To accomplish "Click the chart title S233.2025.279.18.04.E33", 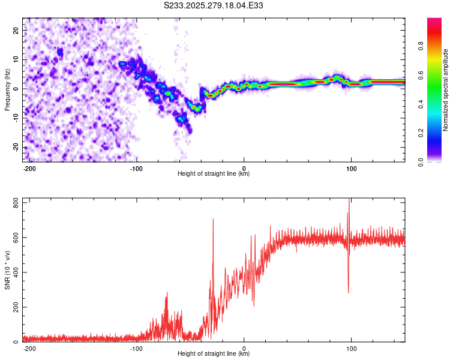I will tap(214, 5).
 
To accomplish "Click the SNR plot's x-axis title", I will tap(214, 354).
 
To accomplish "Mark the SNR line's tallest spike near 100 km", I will tap(349, 199).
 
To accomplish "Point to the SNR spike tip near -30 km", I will tap(213, 220).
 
